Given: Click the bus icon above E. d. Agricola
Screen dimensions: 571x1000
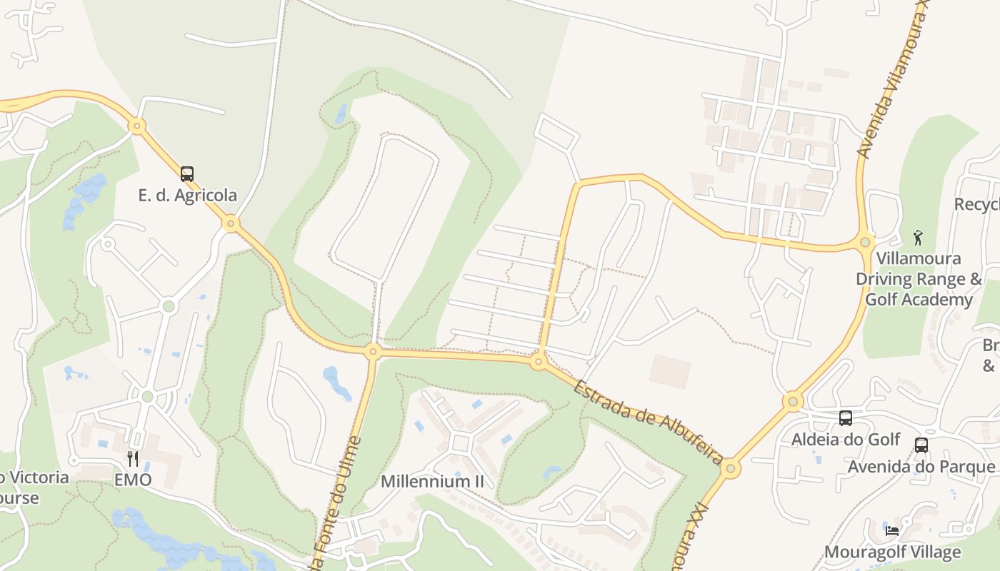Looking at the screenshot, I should (187, 173).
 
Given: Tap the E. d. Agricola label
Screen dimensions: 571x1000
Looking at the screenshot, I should (187, 196).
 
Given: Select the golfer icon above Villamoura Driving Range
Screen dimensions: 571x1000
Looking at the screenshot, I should (919, 237).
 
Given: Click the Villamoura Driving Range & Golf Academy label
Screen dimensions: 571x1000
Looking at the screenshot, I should (919, 279).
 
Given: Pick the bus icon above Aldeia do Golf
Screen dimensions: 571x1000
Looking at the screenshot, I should (846, 418).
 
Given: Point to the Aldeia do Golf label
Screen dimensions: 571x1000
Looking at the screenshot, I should (846, 440).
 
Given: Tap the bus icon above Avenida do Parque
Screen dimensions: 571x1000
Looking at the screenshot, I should (921, 445).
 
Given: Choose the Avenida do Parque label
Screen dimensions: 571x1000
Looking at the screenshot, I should (921, 467).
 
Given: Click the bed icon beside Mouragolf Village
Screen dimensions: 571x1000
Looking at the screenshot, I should (892, 530).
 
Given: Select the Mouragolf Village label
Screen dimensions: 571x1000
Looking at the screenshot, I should (893, 552).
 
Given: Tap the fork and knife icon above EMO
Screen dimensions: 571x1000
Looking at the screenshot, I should (133, 458).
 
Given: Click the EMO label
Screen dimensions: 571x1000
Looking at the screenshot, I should (133, 480).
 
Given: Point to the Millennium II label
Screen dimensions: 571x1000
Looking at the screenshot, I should (432, 481).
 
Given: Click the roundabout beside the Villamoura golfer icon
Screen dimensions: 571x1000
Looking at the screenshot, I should (866, 242).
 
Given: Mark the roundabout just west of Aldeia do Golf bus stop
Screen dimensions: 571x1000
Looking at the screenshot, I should (793, 402).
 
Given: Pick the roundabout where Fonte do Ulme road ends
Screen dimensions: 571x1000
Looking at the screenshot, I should (372, 351).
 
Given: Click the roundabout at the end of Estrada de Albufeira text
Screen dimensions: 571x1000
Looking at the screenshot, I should (730, 469).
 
